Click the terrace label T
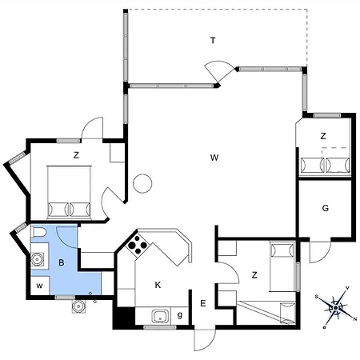point(213,41)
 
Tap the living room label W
point(214,158)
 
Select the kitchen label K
point(158,285)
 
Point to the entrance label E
point(203,303)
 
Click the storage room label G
point(326,208)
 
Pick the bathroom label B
point(62,262)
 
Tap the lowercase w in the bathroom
point(39,286)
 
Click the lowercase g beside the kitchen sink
point(180,315)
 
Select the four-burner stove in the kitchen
point(138,245)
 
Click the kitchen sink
point(161,317)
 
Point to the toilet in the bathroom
point(38,232)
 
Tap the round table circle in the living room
point(142,183)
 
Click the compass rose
point(336,307)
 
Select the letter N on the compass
point(355,319)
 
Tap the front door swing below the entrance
point(205,340)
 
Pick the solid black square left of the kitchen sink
point(124,316)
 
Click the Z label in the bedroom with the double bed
point(76,155)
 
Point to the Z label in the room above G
point(323,136)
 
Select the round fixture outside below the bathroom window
point(78,306)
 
